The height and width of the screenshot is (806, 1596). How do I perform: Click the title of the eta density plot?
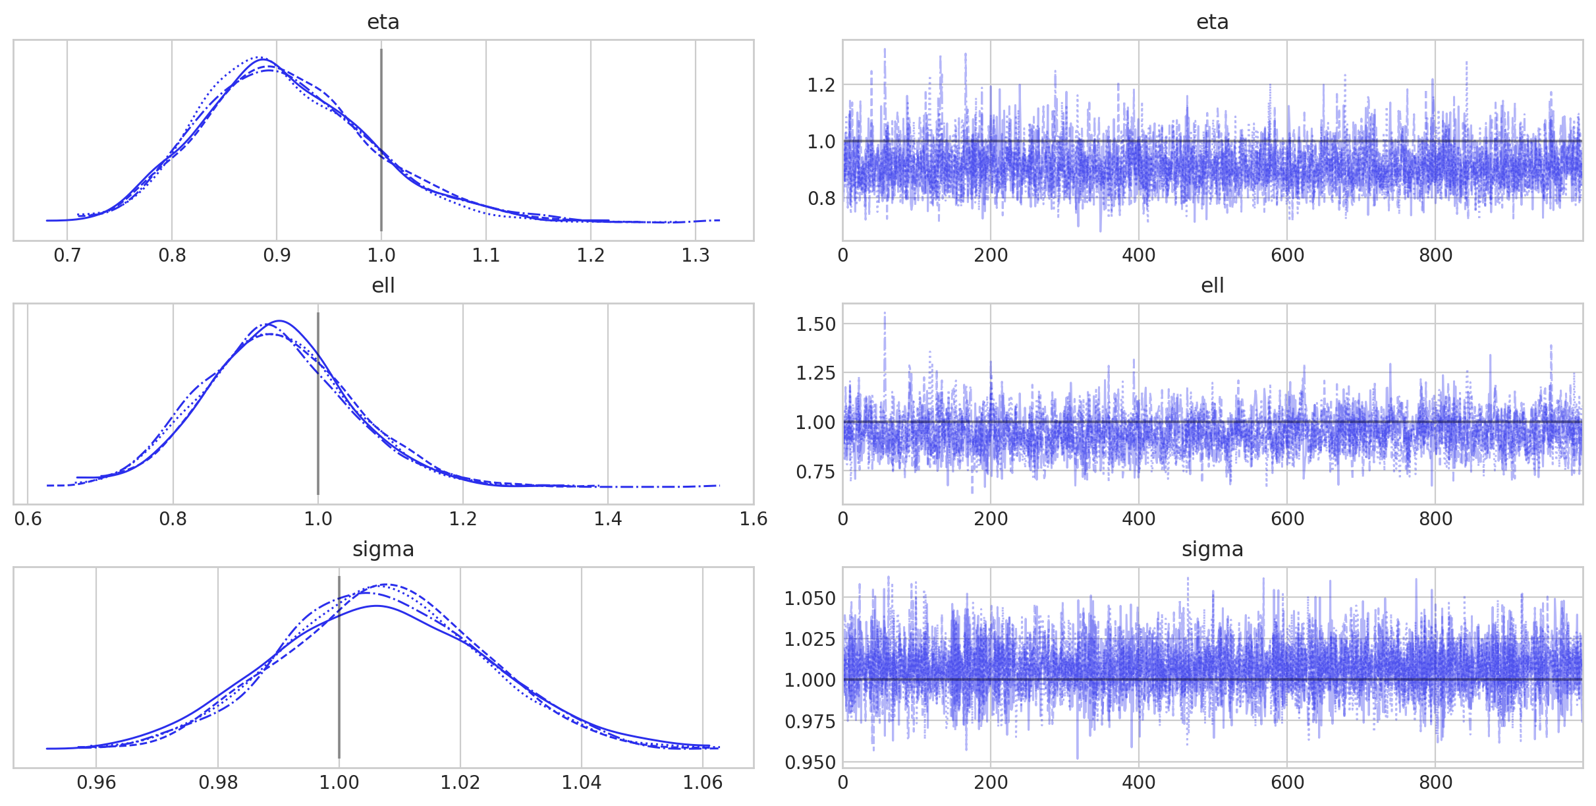[x=383, y=22]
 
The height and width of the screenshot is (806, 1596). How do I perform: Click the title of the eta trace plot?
[x=1212, y=22]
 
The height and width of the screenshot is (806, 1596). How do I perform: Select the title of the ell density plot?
[x=383, y=286]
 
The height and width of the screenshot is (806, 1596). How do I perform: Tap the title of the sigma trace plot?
[x=1212, y=550]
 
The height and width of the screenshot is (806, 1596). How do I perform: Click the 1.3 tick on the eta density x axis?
[x=696, y=256]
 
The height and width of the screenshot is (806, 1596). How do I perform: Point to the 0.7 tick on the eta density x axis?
[x=67, y=256]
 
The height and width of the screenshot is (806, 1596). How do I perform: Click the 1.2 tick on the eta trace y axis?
[x=821, y=85]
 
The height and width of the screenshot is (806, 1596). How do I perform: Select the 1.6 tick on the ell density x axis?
[x=753, y=519]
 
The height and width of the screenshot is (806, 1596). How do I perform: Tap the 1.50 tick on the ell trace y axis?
[x=815, y=324]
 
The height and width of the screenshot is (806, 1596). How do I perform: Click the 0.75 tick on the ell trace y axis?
[x=815, y=472]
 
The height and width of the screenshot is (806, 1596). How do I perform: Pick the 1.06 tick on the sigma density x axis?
[x=703, y=783]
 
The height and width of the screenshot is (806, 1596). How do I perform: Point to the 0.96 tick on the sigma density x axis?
[x=96, y=783]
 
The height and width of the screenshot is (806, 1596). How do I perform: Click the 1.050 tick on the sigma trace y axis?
[x=810, y=598]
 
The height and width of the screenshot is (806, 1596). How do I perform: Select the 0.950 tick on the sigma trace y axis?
[x=810, y=763]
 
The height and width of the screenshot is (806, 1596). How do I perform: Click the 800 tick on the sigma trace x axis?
[x=1435, y=783]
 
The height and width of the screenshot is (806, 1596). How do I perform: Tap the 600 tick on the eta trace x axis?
[x=1287, y=256]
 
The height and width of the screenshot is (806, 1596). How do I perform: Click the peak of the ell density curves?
[x=279, y=321]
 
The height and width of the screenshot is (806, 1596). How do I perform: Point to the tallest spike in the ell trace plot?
[x=885, y=314]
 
